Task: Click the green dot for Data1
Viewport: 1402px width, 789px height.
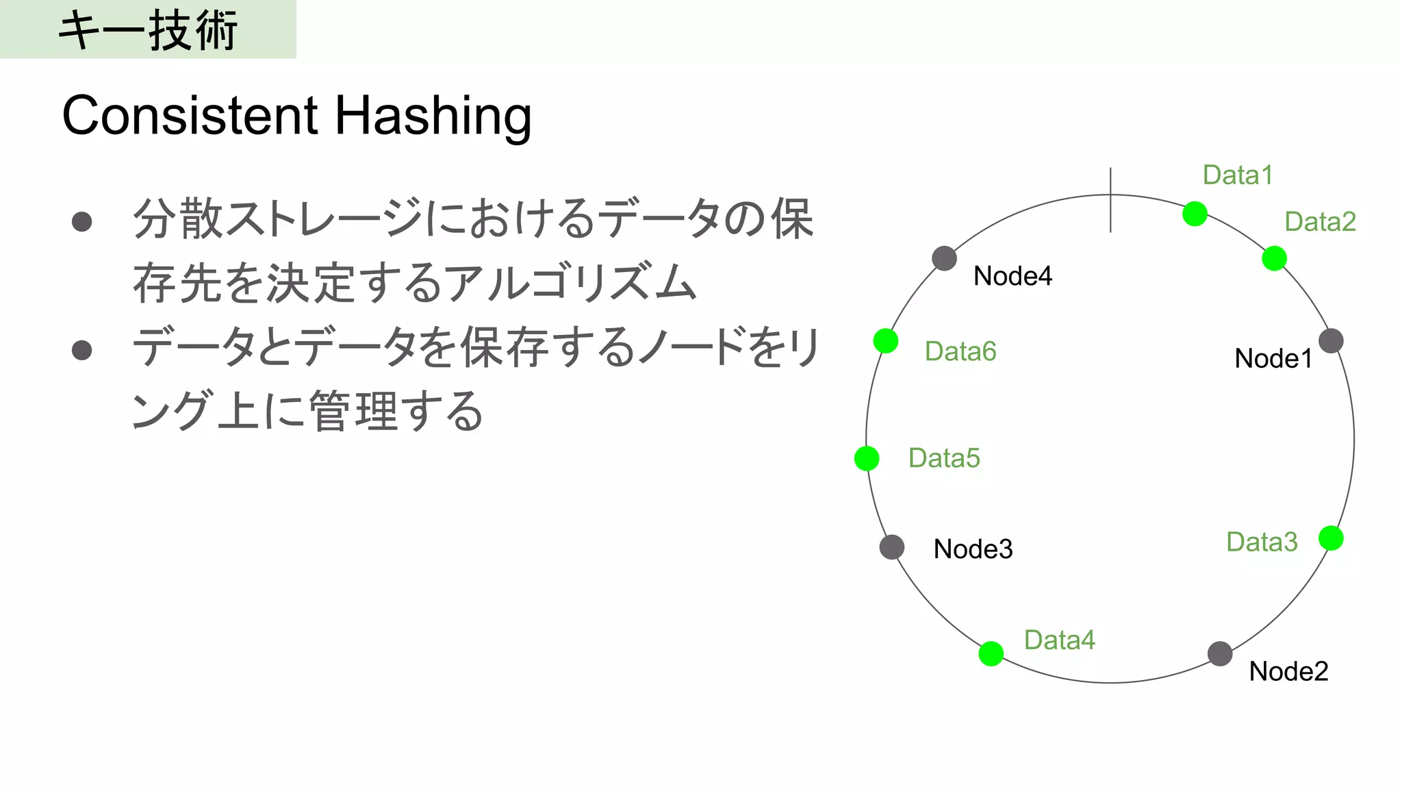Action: pos(1195,214)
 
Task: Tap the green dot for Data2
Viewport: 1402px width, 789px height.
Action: pos(1274,258)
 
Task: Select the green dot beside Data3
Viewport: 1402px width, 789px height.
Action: pos(1331,538)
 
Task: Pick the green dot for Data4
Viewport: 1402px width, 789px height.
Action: pos(991,653)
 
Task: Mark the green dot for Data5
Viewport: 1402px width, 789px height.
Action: pos(867,458)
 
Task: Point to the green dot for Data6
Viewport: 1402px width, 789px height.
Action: pos(886,340)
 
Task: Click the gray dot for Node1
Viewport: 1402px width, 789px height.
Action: pos(1331,340)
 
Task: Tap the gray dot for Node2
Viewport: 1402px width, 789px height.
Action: pos(1220,653)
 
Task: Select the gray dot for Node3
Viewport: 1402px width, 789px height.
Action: pos(892,547)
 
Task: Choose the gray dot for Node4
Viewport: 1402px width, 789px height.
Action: pos(944,258)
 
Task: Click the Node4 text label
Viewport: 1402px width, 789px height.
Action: pos(1012,276)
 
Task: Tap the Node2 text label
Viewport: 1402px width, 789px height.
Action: pos(1288,671)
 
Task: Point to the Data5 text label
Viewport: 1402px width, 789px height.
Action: pos(944,458)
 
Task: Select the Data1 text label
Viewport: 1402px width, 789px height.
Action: pos(1238,175)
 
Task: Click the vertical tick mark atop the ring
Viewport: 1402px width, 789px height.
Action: pos(1110,200)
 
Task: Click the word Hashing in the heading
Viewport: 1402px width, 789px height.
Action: pos(433,116)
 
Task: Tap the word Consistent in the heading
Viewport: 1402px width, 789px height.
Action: pos(190,115)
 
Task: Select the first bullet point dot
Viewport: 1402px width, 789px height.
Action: pos(82,221)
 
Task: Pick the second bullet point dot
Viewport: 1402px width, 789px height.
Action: pos(82,350)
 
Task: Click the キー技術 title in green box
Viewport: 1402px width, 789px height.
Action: pos(148,30)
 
